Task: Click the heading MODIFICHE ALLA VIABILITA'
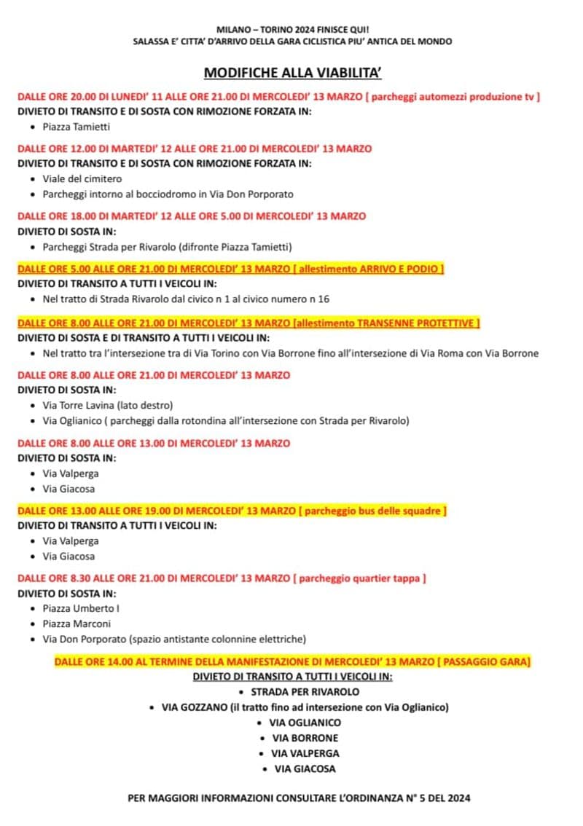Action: coord(292,72)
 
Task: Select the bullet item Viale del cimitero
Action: coord(82,178)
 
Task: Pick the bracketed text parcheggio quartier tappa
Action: coord(359,578)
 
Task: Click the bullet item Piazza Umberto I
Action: coord(80,608)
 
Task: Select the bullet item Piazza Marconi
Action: coord(77,624)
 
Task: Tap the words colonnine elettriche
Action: coord(257,640)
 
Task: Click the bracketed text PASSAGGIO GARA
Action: coord(484,661)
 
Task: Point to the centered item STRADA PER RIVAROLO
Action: coord(305,692)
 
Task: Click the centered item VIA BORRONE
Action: coord(305,738)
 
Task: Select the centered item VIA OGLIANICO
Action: coord(305,723)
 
